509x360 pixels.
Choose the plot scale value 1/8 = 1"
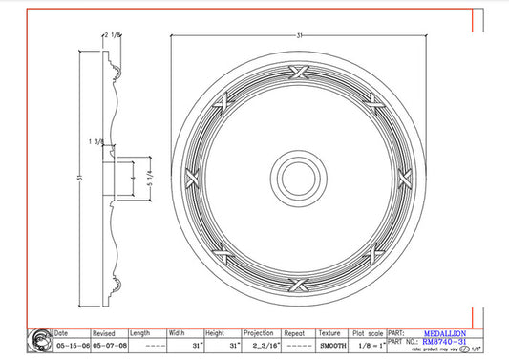[370, 345]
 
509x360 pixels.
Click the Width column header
[179, 333]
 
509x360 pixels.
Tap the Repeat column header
[294, 333]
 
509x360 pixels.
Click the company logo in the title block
[40, 340]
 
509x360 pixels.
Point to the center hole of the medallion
[297, 177]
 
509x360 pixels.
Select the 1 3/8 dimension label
[96, 141]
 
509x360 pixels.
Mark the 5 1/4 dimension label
[149, 177]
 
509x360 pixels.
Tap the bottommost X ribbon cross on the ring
[298, 282]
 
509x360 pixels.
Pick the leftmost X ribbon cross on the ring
[193, 178]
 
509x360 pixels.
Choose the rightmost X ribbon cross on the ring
[403, 178]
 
